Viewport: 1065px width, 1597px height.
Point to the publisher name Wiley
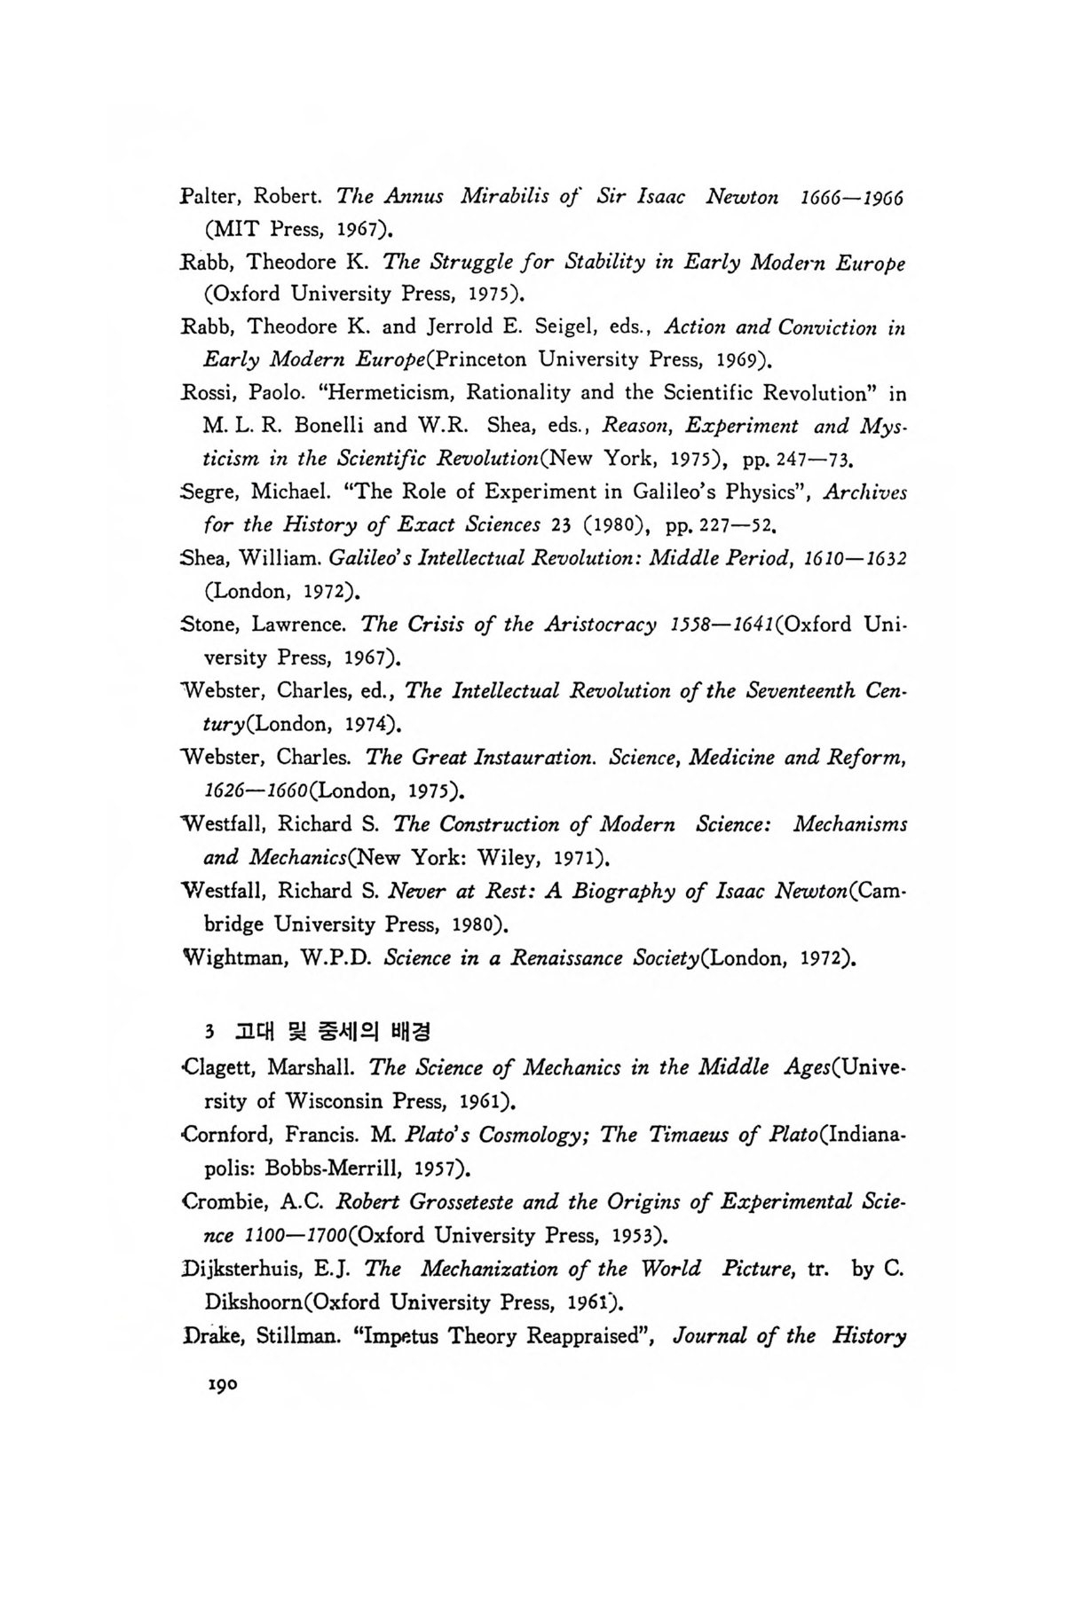(511, 858)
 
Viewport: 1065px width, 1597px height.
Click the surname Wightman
(229, 958)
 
